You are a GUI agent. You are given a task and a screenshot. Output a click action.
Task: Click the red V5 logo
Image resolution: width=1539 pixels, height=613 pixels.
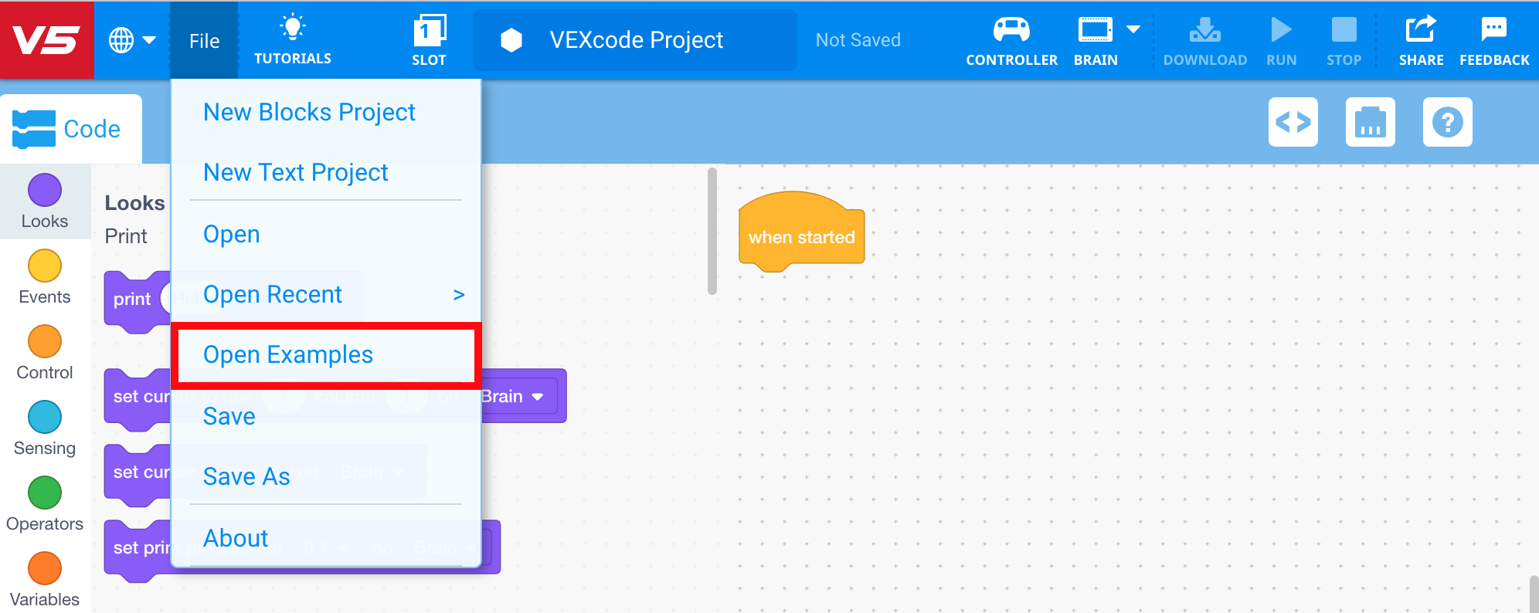[x=46, y=39]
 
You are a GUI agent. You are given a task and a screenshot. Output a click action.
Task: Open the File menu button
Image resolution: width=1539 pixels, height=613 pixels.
[x=204, y=41]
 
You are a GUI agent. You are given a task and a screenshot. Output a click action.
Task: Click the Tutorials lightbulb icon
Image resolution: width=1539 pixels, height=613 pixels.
[x=293, y=28]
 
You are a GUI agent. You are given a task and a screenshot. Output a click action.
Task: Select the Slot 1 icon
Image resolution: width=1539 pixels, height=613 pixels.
[x=429, y=31]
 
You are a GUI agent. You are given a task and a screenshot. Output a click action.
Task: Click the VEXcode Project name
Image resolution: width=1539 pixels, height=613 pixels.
[x=636, y=40]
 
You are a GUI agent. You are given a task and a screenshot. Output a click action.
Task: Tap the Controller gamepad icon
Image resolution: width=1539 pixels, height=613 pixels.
[x=1011, y=30]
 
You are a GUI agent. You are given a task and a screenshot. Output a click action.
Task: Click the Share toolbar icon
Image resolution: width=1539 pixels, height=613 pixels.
[x=1421, y=30]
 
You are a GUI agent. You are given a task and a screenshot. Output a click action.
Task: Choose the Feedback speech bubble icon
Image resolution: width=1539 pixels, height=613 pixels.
[x=1493, y=30]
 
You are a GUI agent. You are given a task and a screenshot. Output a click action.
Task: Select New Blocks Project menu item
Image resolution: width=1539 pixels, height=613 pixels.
[x=309, y=113]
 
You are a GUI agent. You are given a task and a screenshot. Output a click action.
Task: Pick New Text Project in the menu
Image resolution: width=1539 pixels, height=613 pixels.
[x=295, y=173]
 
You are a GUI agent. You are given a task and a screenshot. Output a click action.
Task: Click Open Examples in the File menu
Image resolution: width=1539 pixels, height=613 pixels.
[x=287, y=355]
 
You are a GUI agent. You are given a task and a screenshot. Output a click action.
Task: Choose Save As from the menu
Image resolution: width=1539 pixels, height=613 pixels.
[x=246, y=477]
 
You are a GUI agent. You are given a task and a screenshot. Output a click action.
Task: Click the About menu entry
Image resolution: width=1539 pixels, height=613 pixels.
[x=236, y=539]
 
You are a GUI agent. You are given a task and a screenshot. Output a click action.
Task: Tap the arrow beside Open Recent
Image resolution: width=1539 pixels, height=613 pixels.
[x=459, y=295]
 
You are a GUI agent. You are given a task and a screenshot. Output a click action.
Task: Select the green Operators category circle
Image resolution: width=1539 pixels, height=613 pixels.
[x=45, y=493]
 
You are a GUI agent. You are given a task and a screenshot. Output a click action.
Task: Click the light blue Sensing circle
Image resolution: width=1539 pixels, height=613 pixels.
[x=45, y=417]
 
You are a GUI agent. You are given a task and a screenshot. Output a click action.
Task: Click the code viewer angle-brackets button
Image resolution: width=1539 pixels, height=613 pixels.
[x=1293, y=122]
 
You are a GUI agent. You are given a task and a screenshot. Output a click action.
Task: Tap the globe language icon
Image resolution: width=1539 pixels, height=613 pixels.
[x=121, y=40]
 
